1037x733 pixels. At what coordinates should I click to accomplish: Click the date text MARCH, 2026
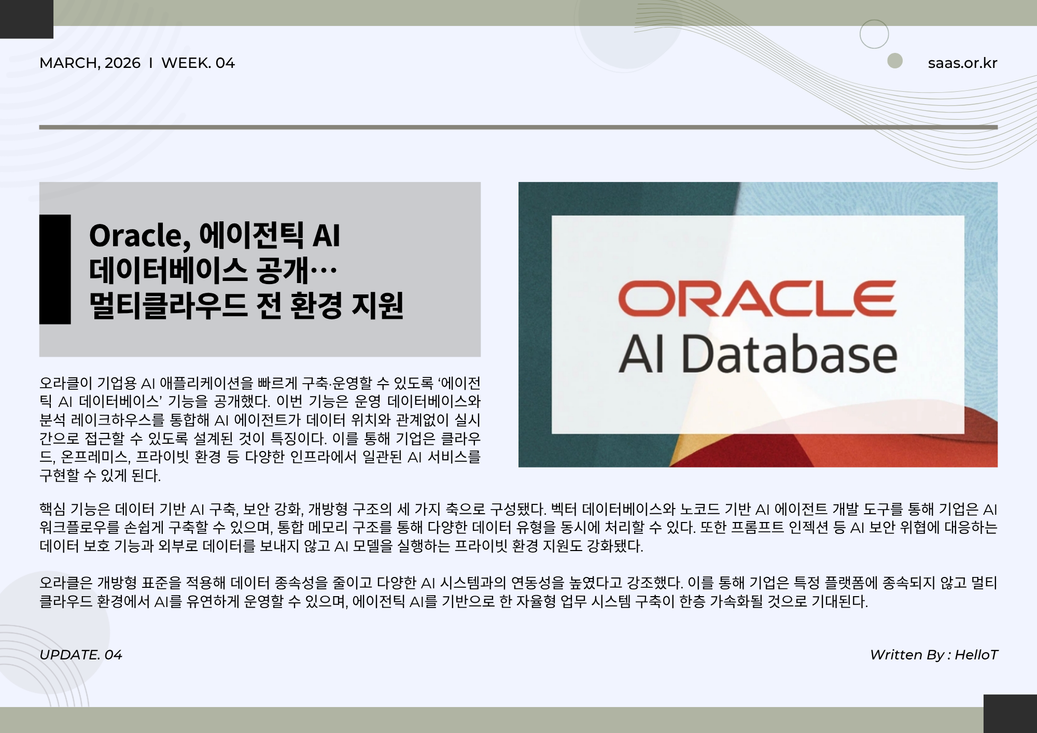[x=90, y=63]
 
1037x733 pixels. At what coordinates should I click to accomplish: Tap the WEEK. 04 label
[x=198, y=63]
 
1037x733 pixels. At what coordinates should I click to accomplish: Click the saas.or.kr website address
[x=962, y=63]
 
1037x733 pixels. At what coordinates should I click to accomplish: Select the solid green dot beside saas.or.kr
[x=895, y=61]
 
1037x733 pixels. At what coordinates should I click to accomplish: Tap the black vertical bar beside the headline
[x=55, y=270]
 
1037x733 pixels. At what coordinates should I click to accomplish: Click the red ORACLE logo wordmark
[x=757, y=299]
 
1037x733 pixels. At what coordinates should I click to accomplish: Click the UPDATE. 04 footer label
[x=81, y=655]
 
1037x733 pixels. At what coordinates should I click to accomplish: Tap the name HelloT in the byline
[x=976, y=655]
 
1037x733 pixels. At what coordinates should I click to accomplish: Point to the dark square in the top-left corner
[x=26, y=19]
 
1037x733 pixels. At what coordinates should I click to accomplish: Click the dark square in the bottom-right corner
[x=1010, y=714]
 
